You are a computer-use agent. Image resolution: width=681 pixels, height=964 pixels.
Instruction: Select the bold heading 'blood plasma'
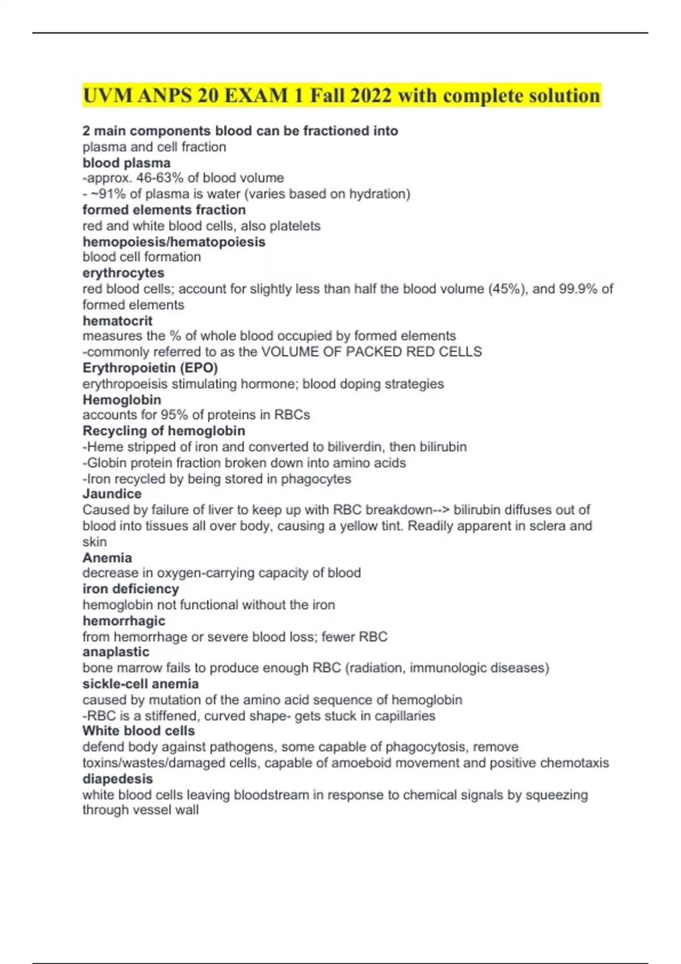126,163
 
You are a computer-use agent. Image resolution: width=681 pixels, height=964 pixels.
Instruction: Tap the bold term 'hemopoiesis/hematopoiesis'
174,242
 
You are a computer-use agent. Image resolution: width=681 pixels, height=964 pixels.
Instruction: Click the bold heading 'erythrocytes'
123,273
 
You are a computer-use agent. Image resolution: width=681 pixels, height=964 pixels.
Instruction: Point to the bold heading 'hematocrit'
117,320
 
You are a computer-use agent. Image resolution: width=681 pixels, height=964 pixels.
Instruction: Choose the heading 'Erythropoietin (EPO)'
150,367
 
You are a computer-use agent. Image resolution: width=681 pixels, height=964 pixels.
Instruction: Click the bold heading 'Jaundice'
112,493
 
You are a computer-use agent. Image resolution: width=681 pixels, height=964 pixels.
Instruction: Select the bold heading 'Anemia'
107,557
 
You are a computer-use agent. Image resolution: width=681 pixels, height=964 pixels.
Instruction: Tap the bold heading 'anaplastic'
116,652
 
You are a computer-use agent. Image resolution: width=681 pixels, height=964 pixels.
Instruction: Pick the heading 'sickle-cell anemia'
140,683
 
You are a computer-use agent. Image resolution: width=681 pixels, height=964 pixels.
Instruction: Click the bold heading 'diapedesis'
117,779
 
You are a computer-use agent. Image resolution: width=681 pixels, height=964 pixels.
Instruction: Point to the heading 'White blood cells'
138,730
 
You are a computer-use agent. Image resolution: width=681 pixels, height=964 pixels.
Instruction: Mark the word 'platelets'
295,226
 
